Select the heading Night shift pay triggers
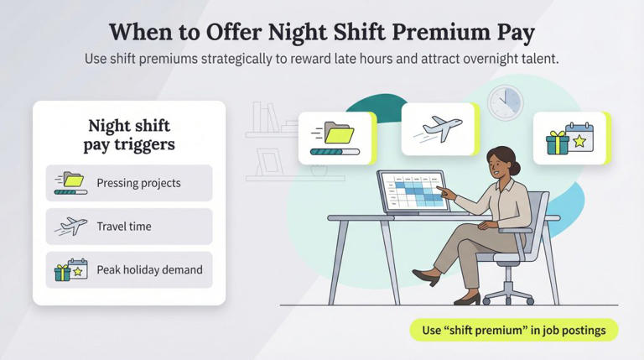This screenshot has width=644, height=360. [129, 135]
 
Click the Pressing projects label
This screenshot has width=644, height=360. [138, 183]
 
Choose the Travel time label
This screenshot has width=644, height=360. [123, 227]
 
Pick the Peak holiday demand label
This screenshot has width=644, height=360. [149, 270]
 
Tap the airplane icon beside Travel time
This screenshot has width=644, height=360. [71, 227]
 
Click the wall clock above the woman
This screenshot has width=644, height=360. [505, 102]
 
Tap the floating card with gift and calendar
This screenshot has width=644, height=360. [569, 138]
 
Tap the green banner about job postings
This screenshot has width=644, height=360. [513, 330]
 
